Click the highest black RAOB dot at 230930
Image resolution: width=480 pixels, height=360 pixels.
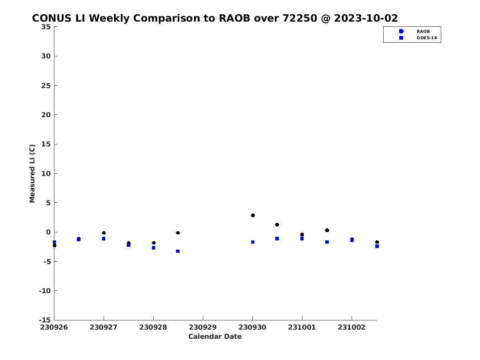(253, 215)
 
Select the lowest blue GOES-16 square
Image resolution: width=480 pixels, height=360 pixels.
(178, 251)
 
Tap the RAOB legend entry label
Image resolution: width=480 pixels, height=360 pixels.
(423, 31)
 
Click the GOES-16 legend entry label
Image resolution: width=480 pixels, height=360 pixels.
(427, 38)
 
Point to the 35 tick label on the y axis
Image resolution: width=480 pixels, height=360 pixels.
(46, 27)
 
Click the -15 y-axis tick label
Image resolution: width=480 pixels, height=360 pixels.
(45, 320)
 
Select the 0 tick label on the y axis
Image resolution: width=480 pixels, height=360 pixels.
(48, 232)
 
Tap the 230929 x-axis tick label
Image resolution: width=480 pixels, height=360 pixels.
(203, 327)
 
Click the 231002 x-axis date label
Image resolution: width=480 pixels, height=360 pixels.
(352, 327)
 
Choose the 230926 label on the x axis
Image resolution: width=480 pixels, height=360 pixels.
(54, 327)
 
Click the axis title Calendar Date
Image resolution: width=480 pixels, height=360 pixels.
(215, 336)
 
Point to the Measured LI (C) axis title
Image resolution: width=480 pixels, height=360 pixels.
(32, 173)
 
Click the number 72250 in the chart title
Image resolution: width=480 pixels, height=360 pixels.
(300, 18)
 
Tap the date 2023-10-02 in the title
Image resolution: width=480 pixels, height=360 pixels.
(366, 18)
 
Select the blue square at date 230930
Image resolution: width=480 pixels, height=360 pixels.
(253, 242)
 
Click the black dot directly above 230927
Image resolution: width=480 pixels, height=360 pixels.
(104, 233)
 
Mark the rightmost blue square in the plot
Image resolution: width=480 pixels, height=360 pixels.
(377, 246)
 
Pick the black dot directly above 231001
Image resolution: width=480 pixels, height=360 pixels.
(302, 234)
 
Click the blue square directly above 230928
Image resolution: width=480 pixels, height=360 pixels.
(154, 248)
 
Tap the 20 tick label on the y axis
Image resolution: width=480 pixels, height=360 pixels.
(46, 115)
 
